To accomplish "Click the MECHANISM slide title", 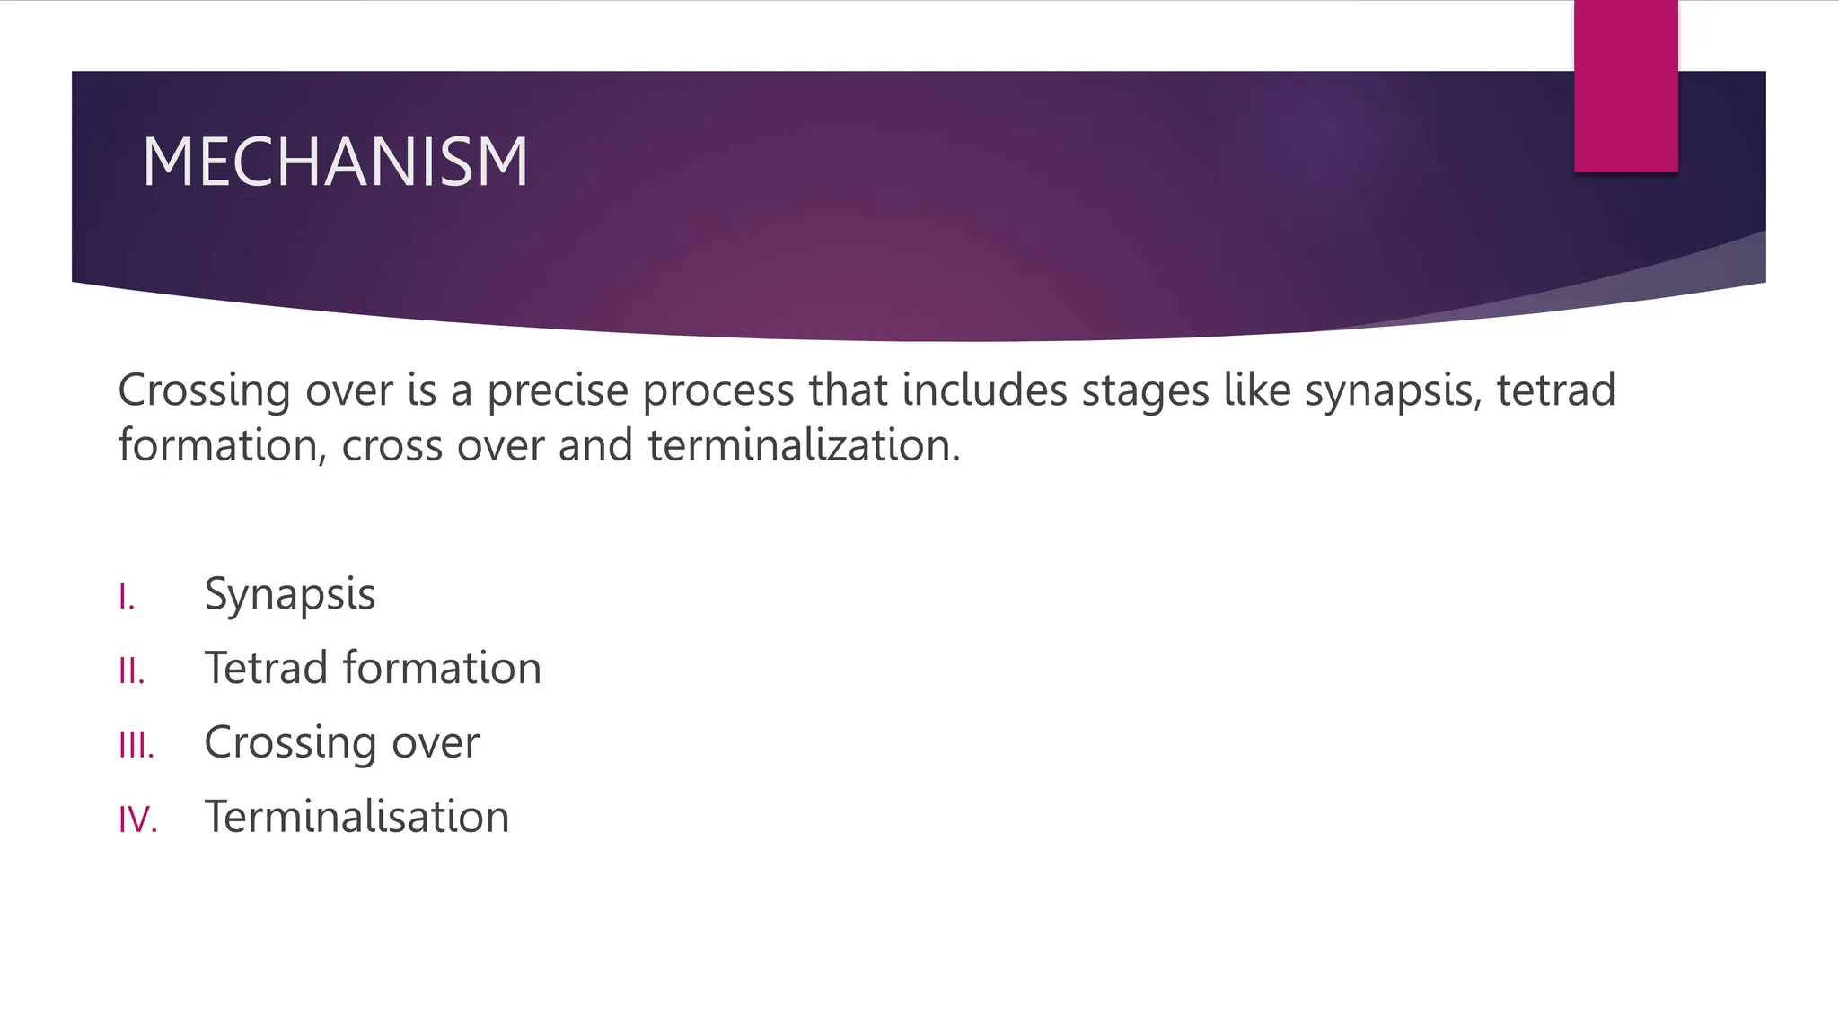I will [x=335, y=162].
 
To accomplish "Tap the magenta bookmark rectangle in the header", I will [x=1625, y=86].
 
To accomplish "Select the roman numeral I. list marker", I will [x=127, y=597].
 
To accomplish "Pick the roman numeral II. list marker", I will [x=131, y=670].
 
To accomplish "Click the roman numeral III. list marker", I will [x=136, y=745].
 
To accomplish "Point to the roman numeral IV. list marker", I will [x=138, y=819].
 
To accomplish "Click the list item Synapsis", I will [x=289, y=595].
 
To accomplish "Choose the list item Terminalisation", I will [x=356, y=817].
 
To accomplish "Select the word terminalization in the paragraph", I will [x=804, y=446].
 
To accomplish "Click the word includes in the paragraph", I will [x=984, y=391].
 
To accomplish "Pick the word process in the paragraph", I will [x=718, y=391].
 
